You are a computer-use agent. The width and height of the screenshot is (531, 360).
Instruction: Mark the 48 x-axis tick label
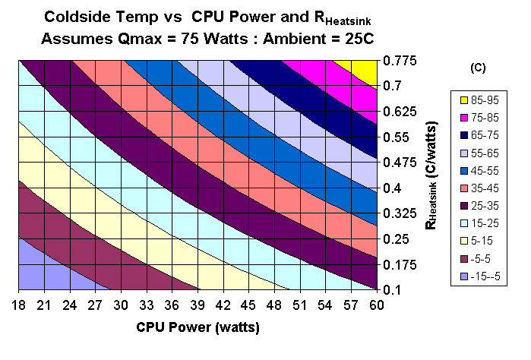(274, 305)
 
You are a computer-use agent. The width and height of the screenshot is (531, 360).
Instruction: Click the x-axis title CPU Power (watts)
(198, 329)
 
